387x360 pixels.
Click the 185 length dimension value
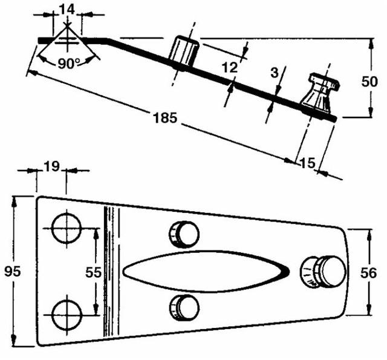click(x=165, y=119)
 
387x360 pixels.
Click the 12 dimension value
click(x=228, y=68)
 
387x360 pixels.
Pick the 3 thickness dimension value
click(x=275, y=73)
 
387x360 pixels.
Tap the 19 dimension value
click(x=52, y=167)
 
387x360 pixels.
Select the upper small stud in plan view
click(x=183, y=234)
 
